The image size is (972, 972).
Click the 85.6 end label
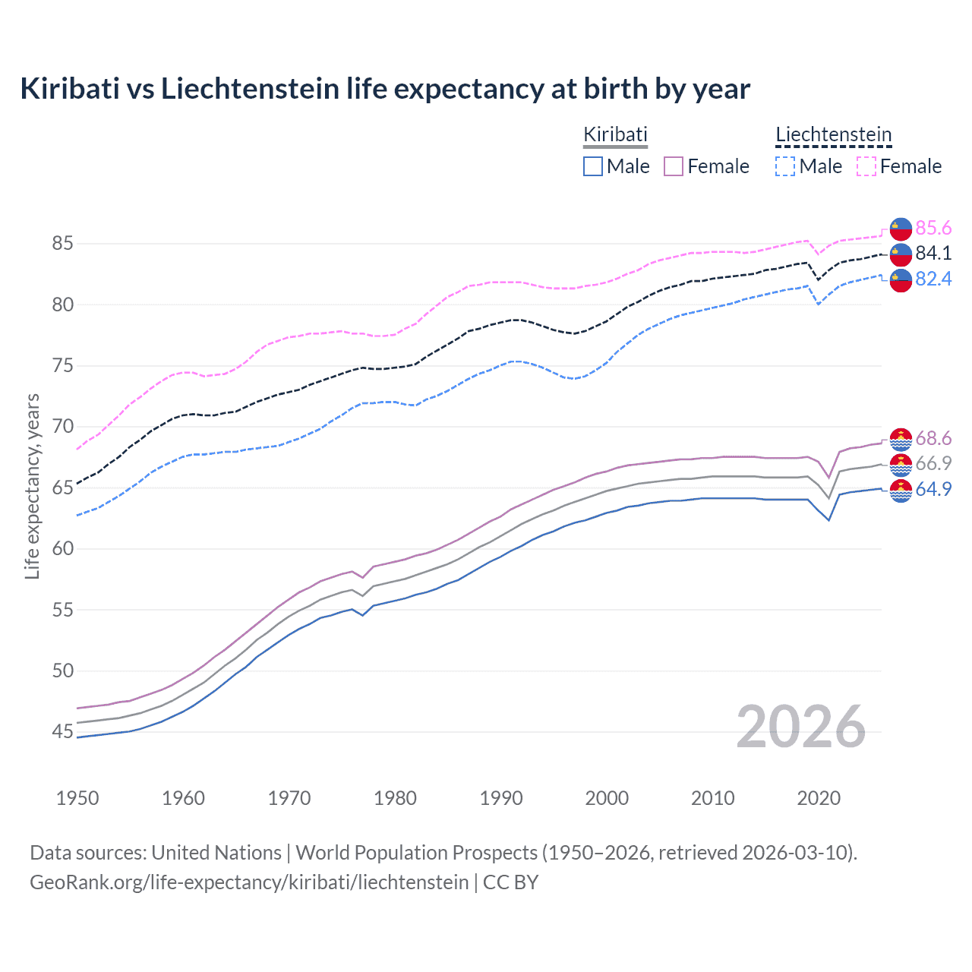click(933, 228)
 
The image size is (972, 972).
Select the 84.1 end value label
click(933, 253)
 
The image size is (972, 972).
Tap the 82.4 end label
click(933, 279)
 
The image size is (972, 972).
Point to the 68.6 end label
click(933, 438)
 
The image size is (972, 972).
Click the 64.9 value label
click(933, 489)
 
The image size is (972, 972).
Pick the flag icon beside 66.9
click(901, 464)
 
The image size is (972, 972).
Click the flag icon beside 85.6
click(901, 229)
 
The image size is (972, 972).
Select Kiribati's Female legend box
click(674, 166)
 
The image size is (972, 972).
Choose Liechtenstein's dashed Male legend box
click(785, 166)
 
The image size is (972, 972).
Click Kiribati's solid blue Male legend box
click(593, 166)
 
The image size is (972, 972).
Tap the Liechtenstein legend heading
click(833, 135)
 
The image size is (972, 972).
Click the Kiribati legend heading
click(615, 135)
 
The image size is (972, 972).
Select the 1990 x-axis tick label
click(501, 798)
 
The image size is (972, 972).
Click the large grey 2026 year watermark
click(800, 727)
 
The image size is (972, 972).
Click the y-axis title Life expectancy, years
click(32, 486)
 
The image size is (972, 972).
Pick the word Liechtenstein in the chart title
click(250, 89)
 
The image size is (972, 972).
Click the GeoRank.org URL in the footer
click(249, 882)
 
